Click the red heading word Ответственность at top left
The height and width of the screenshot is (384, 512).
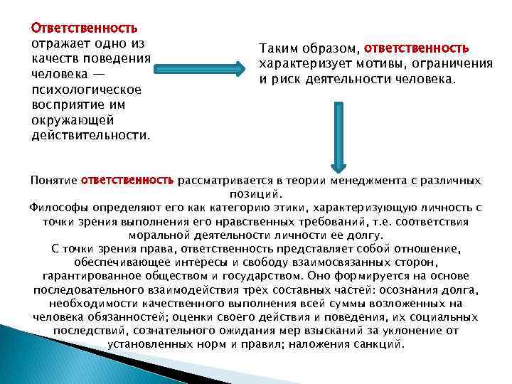click(x=84, y=28)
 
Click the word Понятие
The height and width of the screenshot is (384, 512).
click(x=53, y=181)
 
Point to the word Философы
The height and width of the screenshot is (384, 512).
click(x=58, y=208)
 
